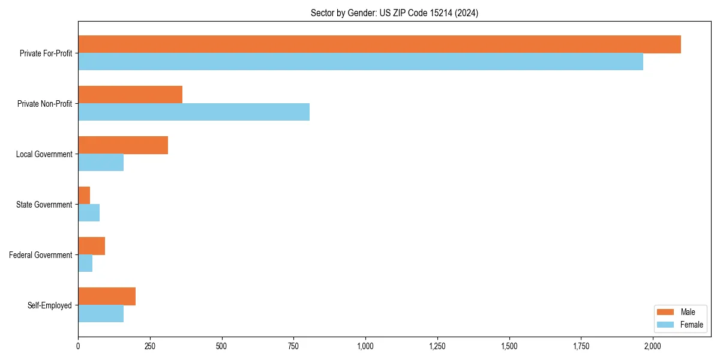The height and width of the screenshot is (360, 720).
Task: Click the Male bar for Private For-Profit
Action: pyautogui.click(x=379, y=44)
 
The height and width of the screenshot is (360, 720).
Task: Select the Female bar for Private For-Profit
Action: pyautogui.click(x=360, y=62)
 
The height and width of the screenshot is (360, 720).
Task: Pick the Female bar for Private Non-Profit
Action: pyautogui.click(x=194, y=112)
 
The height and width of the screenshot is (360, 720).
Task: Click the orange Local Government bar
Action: pyautogui.click(x=123, y=145)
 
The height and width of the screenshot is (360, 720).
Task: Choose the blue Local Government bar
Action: pyautogui.click(x=101, y=163)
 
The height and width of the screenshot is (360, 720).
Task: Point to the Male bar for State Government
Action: pyautogui.click(x=84, y=196)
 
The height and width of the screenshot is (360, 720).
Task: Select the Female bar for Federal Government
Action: pyautogui.click(x=85, y=263)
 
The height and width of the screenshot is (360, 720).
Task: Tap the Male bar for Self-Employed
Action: pyautogui.click(x=107, y=296)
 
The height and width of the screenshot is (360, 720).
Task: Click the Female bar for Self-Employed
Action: pyautogui.click(x=101, y=314)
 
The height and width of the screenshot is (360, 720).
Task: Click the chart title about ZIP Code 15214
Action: pyautogui.click(x=394, y=13)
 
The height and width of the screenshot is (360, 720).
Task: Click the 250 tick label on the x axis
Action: pyautogui.click(x=150, y=346)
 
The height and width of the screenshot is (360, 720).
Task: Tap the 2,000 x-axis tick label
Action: pyautogui.click(x=653, y=346)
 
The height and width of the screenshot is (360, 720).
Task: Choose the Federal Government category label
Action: pyautogui.click(x=41, y=255)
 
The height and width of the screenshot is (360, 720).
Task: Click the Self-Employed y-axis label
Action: pyautogui.click(x=50, y=305)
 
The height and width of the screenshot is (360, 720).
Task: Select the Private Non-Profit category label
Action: pyautogui.click(x=44, y=104)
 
